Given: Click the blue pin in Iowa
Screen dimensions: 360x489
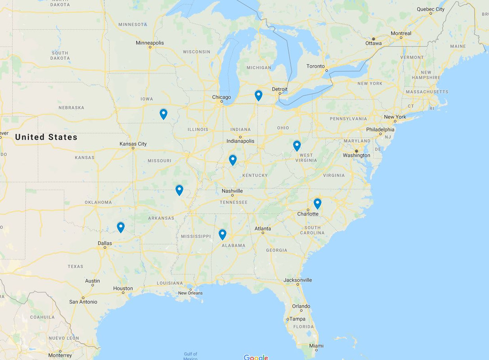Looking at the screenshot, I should click(163, 114).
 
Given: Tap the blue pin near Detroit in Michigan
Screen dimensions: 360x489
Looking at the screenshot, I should click(258, 95).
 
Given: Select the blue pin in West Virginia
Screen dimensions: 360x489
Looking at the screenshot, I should click(297, 145).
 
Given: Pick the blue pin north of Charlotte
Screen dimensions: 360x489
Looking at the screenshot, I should click(318, 203).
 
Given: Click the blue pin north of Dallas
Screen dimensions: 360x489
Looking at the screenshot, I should click(121, 227).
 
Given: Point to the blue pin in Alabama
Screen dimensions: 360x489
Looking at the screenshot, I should click(222, 234).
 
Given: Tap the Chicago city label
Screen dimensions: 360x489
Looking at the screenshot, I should click(221, 97).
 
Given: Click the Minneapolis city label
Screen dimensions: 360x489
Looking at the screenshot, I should click(150, 43).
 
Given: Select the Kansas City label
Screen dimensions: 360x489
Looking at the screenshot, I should click(133, 144).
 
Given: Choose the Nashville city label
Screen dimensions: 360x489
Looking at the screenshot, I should click(232, 191).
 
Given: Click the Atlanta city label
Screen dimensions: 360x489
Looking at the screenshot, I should click(263, 229).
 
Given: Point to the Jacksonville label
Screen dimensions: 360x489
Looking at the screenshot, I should click(298, 280).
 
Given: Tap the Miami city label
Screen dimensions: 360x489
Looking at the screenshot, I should click(316, 346).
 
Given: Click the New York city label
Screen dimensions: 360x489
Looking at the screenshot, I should click(395, 117).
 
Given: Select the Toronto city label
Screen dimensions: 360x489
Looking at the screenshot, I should click(315, 66).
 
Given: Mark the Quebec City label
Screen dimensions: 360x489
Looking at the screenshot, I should click(431, 9).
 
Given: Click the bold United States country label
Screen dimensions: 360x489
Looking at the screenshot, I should click(46, 137).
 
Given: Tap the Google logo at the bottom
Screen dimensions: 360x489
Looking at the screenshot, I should click(256, 357).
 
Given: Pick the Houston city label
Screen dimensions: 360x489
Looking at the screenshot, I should click(123, 288).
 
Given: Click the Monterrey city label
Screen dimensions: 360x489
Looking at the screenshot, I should click(60, 355).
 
